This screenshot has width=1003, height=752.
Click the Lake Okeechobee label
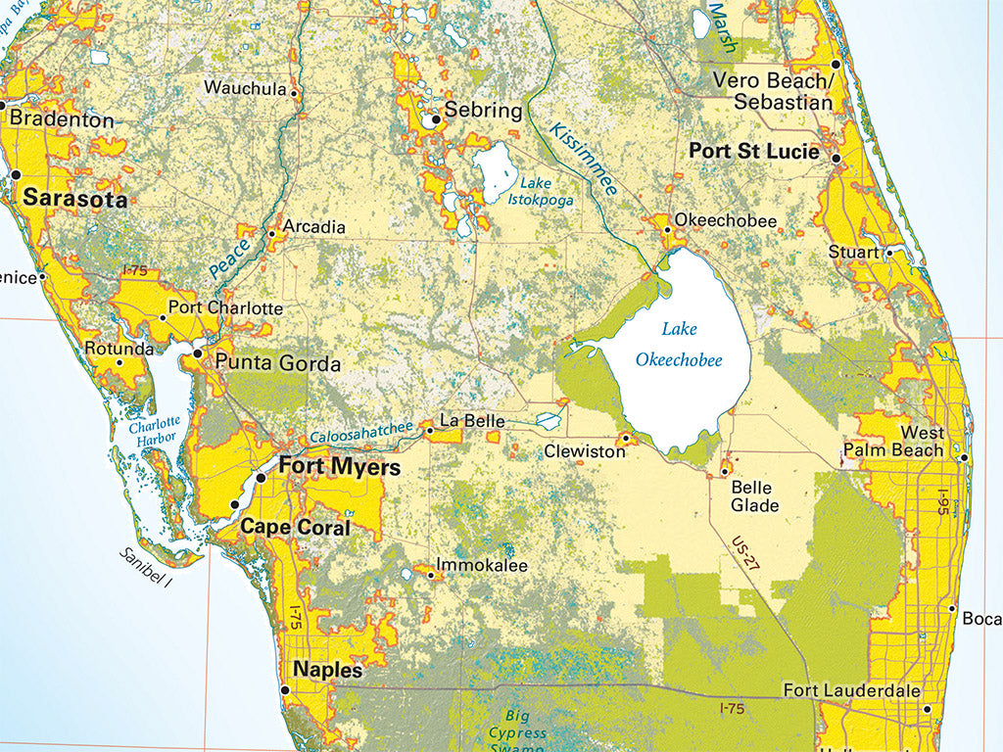tap(679, 344)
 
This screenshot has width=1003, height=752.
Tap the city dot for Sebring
tap(435, 120)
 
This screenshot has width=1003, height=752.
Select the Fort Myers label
tap(340, 467)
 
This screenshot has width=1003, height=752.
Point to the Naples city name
tap(327, 671)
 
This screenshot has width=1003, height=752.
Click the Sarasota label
tap(75, 199)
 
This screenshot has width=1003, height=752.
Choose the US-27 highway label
tap(744, 551)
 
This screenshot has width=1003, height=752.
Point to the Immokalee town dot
tap(431, 575)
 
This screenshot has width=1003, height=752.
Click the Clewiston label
tap(585, 452)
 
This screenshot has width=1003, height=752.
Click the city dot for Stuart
tap(889, 252)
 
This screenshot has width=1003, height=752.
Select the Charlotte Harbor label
tap(154, 430)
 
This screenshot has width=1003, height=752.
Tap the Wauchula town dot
tap(295, 93)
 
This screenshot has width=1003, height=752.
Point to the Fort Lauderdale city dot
tap(927, 708)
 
